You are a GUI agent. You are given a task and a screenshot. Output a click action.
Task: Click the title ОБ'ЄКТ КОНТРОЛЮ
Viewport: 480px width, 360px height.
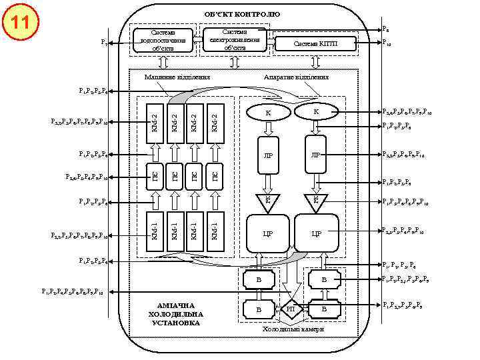point(242,14)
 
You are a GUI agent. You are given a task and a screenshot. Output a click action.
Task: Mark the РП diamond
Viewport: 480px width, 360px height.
point(291,309)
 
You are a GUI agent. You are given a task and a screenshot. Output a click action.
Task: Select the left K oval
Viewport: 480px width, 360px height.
point(267,113)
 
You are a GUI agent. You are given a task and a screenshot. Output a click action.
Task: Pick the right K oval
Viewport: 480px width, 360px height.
point(317,111)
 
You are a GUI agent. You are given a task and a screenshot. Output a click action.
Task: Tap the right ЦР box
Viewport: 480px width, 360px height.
point(317,234)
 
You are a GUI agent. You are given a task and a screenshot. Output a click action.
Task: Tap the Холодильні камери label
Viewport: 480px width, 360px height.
point(293,329)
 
